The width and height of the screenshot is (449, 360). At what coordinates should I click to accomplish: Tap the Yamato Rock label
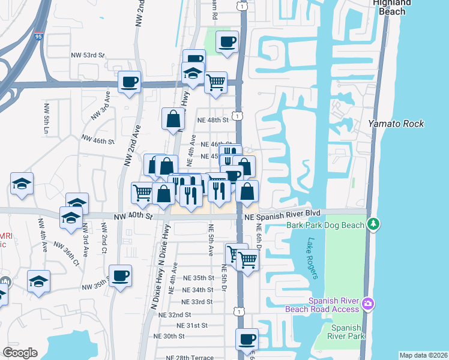tap(396, 124)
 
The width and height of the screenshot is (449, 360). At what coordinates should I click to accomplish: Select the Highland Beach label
tap(392, 4)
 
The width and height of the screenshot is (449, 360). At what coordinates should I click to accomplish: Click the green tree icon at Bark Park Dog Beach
tap(374, 224)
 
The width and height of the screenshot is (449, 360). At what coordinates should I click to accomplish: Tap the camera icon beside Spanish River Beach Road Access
tap(369, 305)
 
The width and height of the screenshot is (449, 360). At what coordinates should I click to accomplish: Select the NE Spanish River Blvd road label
tap(281, 213)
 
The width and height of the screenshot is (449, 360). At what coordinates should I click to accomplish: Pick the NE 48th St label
tap(213, 120)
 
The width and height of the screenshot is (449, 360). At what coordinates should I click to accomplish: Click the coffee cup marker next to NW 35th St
tap(120, 275)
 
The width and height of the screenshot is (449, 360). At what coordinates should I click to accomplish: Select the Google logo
tap(20, 352)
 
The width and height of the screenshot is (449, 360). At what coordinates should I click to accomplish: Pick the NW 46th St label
tap(97, 140)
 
